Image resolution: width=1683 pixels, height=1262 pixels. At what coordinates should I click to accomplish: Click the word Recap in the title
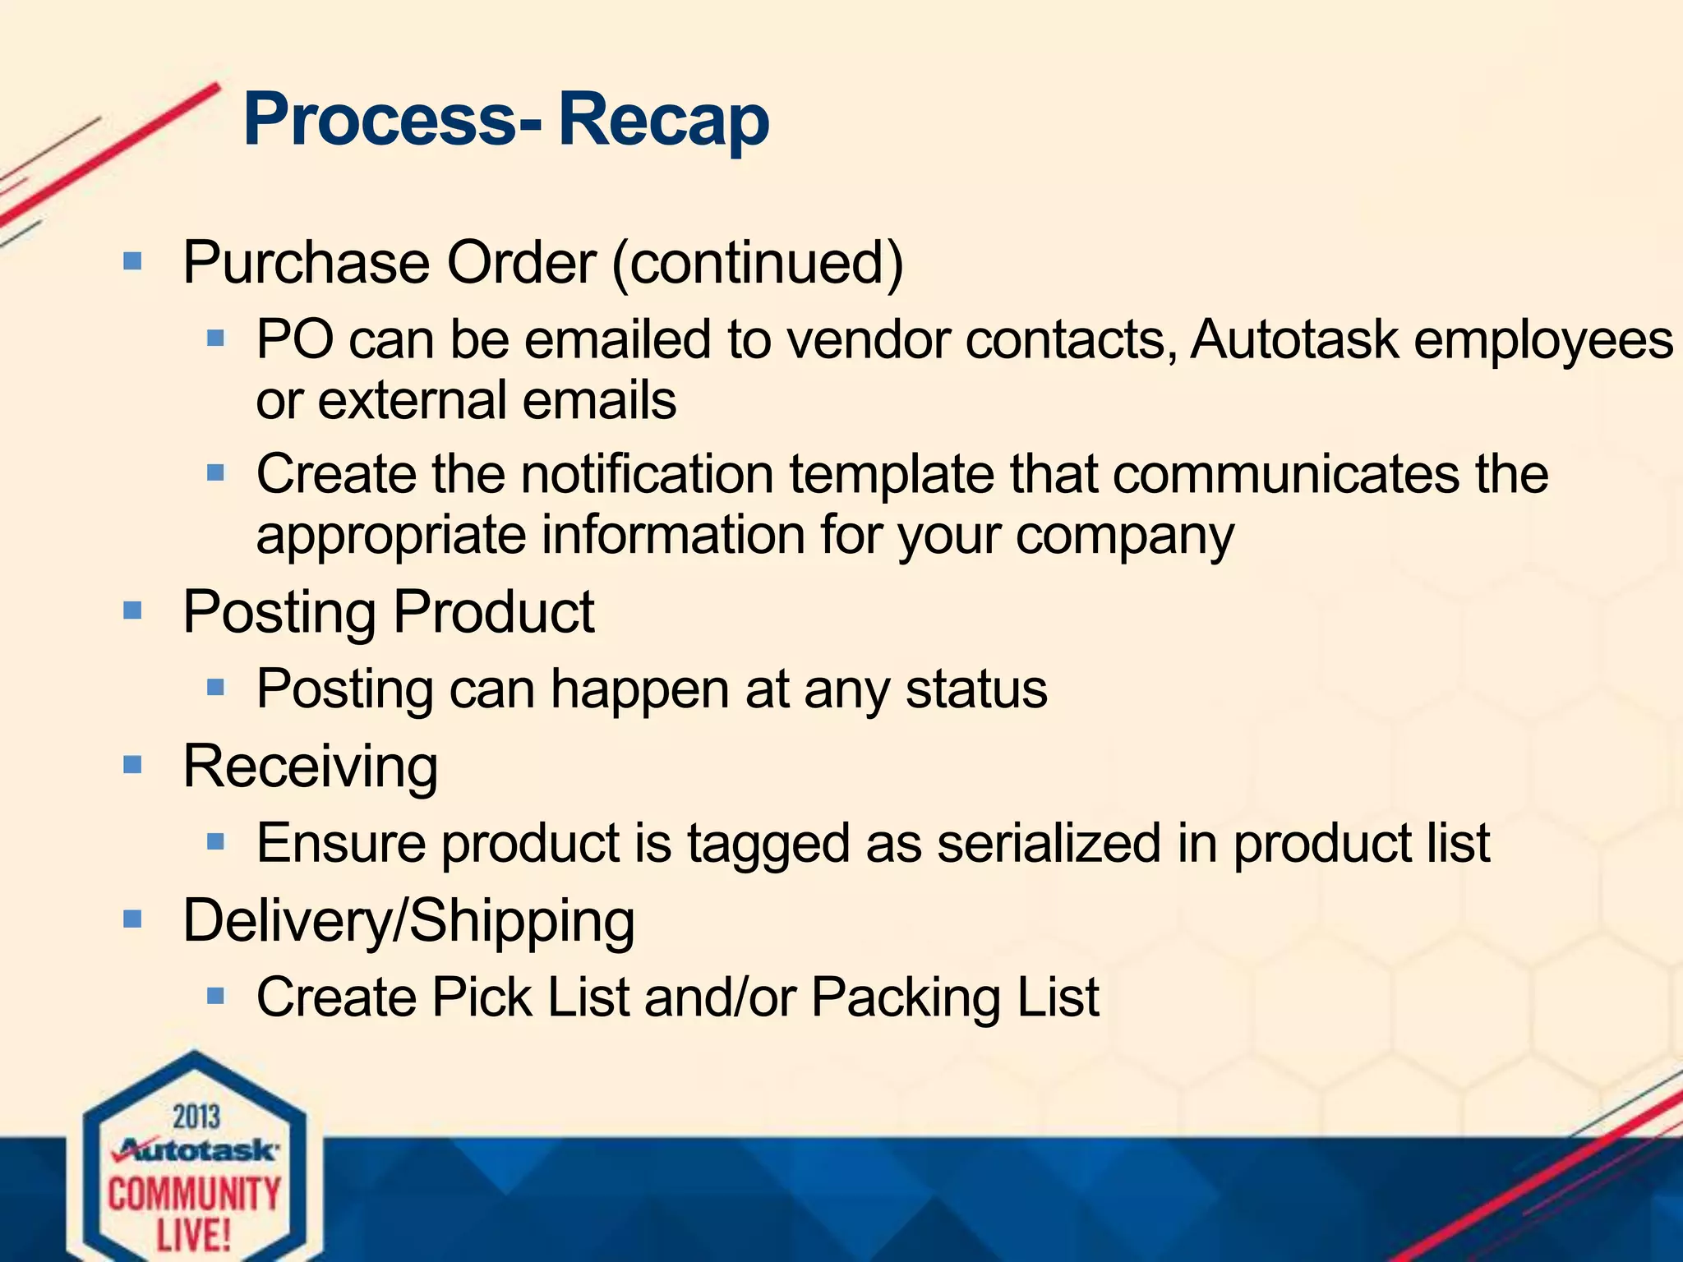pos(664,120)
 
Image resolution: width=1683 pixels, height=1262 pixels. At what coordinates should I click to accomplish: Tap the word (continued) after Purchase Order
pos(758,263)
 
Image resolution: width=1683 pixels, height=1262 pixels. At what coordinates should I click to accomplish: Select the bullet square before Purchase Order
pos(132,262)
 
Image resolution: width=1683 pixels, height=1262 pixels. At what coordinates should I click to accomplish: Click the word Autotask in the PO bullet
pos(1293,339)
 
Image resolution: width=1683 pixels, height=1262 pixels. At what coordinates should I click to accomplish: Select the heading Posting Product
pos(388,612)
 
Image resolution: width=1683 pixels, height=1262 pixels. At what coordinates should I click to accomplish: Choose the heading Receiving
pos(310,766)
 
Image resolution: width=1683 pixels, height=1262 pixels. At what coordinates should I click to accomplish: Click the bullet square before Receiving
pos(132,765)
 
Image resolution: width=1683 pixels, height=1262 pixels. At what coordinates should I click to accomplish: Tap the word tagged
pos(768,845)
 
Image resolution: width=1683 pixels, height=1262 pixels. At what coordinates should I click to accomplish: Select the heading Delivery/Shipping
pos(408,920)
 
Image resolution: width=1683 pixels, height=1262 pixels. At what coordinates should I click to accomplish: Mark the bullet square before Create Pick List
pos(215,997)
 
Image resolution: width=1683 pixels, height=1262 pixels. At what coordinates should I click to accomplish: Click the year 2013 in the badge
pos(196,1117)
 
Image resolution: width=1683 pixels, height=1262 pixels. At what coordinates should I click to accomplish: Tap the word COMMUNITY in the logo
pos(194,1194)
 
